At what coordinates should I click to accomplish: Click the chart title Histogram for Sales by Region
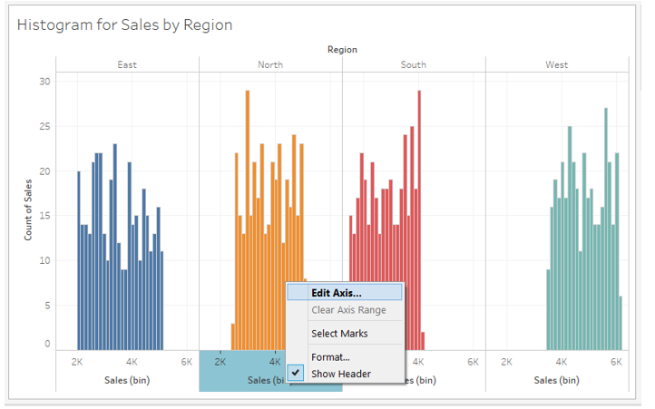124,24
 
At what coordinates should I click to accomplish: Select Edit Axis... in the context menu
336,293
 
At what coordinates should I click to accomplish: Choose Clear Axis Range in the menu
347,310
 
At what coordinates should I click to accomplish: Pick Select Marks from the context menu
339,334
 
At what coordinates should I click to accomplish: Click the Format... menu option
330,357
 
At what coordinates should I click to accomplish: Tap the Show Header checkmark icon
296,373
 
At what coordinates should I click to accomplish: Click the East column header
127,64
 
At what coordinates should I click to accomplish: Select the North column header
270,64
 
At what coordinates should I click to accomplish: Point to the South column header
414,64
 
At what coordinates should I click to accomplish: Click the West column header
557,64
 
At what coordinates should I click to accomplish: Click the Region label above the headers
342,50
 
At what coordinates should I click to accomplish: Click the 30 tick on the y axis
44,82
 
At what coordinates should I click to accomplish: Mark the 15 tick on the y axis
44,216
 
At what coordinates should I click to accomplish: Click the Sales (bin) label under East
127,380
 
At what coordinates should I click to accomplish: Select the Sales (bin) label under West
557,380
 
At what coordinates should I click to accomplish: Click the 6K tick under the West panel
616,361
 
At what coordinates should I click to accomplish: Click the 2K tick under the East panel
77,361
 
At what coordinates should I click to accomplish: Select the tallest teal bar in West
605,227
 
